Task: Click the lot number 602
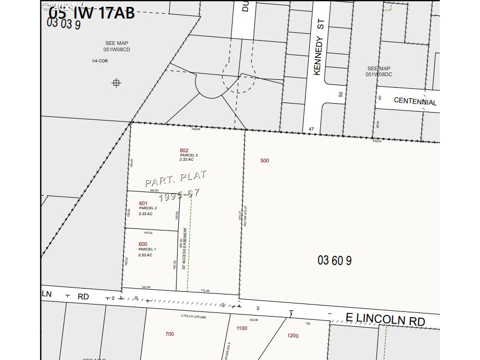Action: (x=184, y=150)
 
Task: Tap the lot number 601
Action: (x=143, y=204)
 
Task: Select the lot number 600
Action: (x=143, y=244)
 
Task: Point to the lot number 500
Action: (x=265, y=160)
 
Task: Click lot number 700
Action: (x=169, y=334)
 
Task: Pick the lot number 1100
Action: (x=242, y=328)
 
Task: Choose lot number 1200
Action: (x=293, y=336)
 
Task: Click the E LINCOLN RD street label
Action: (x=385, y=319)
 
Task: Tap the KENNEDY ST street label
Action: (x=317, y=49)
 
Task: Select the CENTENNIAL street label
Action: (x=415, y=101)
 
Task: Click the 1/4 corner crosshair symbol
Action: (x=116, y=82)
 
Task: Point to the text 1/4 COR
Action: (x=100, y=61)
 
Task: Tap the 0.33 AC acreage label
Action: (x=146, y=214)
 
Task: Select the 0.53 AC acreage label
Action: (x=145, y=255)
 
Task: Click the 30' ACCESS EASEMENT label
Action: (x=184, y=249)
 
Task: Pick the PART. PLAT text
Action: (x=176, y=179)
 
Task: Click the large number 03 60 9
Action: (x=335, y=260)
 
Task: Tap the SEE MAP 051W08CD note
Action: (x=116, y=47)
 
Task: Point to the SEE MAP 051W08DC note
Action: (x=379, y=71)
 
